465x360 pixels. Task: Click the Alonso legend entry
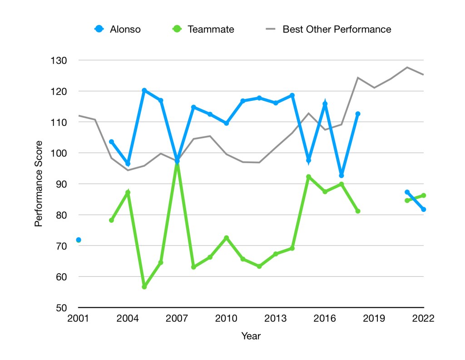coord(118,30)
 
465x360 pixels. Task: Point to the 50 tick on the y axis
coord(61,308)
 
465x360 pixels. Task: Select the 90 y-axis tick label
coord(61,184)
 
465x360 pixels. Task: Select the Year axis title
coord(251,336)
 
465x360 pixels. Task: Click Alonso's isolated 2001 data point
coord(79,240)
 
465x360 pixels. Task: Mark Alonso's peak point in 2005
coord(144,90)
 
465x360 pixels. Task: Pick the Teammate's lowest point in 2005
coord(144,287)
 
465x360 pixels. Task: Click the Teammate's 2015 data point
coord(308,177)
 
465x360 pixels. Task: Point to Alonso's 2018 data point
coord(358,114)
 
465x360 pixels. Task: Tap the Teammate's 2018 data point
coord(358,211)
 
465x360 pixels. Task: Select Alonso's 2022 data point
coord(423,210)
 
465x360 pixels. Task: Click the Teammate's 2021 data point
coord(407,200)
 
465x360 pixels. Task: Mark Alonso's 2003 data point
coord(111,142)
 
